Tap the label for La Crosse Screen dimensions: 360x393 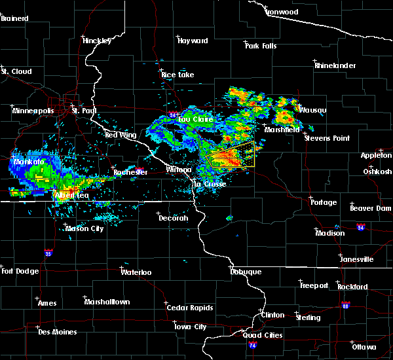click(210, 184)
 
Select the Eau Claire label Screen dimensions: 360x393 click(193, 120)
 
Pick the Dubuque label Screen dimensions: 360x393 click(246, 272)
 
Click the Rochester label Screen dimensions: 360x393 click(126, 173)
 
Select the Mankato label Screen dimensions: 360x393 click(29, 162)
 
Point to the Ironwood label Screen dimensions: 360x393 click(282, 12)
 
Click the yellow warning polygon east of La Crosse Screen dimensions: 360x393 click(231, 156)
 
